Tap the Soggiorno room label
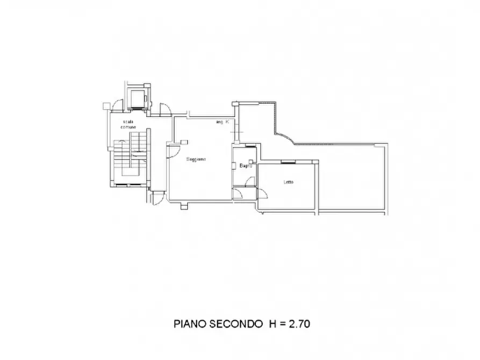tap(196, 159)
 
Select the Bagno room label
tap(246, 165)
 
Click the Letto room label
tap(289, 182)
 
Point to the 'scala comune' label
tap(128, 125)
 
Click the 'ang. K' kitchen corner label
tap(222, 123)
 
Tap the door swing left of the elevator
tap(116, 106)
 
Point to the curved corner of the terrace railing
tap(284, 139)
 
